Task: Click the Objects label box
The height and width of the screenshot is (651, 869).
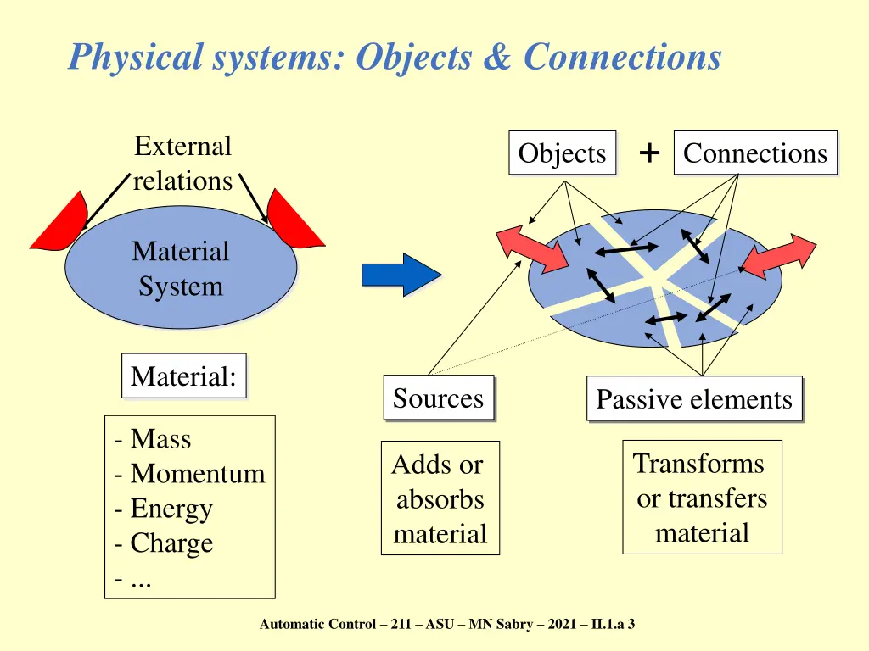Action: [562, 153]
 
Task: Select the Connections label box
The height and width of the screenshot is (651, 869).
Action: [755, 153]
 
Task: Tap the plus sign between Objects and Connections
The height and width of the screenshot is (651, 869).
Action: [648, 153]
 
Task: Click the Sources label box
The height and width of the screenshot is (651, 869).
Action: [438, 398]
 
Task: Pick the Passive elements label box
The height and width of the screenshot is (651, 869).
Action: [694, 399]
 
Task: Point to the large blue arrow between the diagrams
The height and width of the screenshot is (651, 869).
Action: [401, 275]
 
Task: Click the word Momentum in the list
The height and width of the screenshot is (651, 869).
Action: [197, 474]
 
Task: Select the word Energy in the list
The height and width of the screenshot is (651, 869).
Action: [171, 509]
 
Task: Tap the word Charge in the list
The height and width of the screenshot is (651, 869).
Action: [171, 543]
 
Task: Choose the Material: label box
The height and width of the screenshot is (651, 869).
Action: [184, 376]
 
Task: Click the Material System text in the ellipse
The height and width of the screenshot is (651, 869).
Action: [180, 268]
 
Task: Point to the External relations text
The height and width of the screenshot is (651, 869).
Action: [182, 164]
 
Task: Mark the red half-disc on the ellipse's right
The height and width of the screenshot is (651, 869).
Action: [291, 221]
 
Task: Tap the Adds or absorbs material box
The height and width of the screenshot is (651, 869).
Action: [440, 498]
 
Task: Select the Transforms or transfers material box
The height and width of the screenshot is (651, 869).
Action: [702, 498]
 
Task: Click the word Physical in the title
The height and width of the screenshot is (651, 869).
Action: [135, 57]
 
